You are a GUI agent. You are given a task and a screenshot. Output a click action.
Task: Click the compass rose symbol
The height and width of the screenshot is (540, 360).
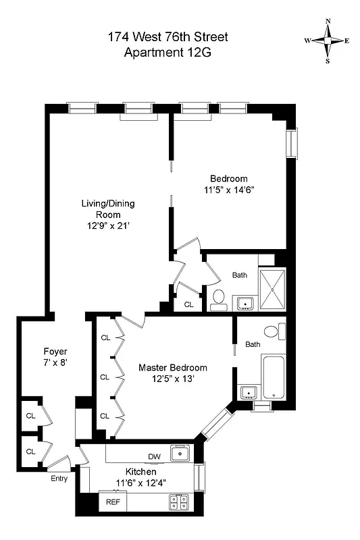point(328,40)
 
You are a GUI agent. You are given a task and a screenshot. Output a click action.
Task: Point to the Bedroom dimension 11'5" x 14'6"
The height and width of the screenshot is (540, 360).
point(228,190)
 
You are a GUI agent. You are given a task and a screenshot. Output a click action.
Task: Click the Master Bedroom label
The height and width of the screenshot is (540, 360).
point(173,367)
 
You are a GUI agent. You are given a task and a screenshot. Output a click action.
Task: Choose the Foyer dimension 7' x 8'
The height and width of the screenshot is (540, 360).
point(55,362)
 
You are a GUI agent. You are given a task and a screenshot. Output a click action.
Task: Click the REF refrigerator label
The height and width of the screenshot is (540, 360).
point(111,502)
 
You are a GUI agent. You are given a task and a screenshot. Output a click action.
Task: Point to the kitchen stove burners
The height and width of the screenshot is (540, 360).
point(178,502)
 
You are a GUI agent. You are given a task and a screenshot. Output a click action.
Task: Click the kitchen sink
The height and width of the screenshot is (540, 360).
point(180,453)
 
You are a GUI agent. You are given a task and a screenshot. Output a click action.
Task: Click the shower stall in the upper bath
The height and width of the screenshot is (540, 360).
point(272,288)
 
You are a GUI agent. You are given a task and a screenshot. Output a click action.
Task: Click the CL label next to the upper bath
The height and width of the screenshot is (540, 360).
point(188,305)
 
